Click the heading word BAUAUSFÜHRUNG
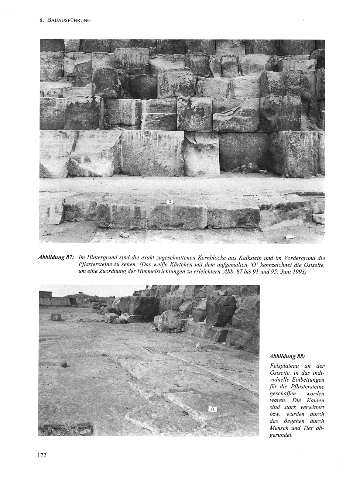(x=69, y=21)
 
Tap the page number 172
(x=41, y=455)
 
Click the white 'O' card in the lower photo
(x=213, y=409)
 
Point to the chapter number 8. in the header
(x=41, y=21)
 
